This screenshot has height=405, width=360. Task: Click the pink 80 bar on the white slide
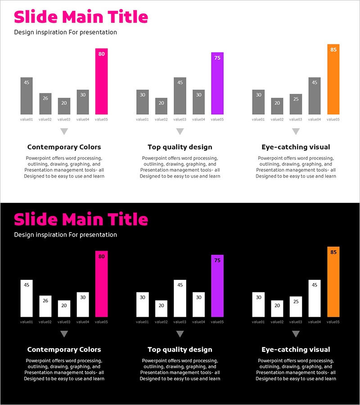(101, 81)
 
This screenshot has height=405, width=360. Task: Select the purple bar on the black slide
(217, 286)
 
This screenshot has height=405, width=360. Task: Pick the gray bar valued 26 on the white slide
(45, 104)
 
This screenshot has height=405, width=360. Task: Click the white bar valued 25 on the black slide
(296, 306)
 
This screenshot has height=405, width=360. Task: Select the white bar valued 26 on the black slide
(45, 306)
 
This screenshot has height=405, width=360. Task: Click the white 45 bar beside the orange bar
(315, 298)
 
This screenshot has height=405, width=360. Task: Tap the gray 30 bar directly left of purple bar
(198, 102)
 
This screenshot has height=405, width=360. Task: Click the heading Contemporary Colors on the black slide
(64, 350)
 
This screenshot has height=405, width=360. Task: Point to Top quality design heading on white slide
(180, 147)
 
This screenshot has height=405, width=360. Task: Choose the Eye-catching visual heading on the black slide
(296, 350)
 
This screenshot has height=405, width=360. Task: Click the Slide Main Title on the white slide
(81, 17)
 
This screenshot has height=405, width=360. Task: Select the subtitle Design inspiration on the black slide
(65, 235)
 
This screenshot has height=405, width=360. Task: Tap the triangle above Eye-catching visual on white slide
(296, 131)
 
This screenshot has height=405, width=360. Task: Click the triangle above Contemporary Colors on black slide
(64, 334)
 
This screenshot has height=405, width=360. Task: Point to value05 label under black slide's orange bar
(333, 322)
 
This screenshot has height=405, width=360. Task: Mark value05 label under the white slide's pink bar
(101, 120)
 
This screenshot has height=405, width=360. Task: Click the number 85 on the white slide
(333, 50)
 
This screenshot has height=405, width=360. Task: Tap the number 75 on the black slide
(217, 261)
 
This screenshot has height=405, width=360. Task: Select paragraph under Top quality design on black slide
(180, 369)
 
